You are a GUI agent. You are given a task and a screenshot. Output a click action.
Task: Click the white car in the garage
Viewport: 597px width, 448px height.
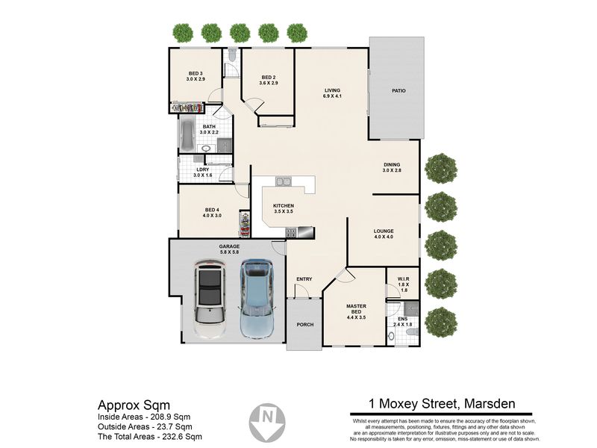[209, 299]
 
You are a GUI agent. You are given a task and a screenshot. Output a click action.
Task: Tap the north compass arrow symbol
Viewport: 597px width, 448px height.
[267, 423]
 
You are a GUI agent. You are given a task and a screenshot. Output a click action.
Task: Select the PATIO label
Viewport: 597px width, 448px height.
[398, 90]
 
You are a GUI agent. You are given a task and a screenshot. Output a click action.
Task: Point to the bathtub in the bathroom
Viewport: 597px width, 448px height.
[187, 135]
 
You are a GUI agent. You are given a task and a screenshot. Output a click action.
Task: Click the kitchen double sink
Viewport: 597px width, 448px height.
[284, 181]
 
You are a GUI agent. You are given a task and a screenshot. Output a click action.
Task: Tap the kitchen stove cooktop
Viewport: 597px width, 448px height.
[291, 233]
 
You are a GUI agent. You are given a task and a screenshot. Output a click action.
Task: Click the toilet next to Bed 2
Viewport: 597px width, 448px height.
[233, 55]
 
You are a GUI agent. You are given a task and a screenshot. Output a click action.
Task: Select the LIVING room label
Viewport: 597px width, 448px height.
[332, 90]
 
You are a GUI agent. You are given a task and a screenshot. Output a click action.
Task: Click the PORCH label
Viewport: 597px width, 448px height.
[305, 325]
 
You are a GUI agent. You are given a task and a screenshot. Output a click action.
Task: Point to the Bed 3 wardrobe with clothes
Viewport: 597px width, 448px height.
[188, 108]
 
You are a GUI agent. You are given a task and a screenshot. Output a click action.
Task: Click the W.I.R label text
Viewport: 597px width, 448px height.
[403, 279]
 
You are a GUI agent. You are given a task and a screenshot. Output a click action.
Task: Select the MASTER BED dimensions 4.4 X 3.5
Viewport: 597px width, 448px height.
[357, 317]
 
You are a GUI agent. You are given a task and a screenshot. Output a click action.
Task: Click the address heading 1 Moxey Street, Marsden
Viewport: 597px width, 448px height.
[442, 403]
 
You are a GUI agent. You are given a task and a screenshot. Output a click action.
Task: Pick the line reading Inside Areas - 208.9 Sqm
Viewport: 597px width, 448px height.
[144, 417]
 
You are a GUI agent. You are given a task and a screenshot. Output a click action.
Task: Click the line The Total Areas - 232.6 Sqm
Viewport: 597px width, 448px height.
[150, 437]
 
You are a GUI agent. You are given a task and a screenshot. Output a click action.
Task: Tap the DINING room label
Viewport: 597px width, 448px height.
[392, 164]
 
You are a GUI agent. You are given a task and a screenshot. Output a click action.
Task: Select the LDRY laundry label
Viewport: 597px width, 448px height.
[202, 170]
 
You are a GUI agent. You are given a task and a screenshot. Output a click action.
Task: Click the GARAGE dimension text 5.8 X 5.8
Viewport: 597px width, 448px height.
[229, 252]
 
